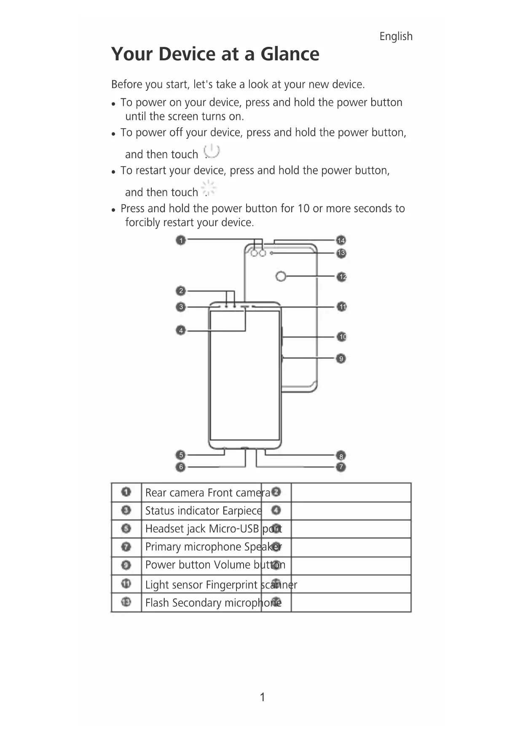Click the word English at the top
tap(396, 36)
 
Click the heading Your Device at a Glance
tap(215, 54)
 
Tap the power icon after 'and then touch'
tap(212, 151)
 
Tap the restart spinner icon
tap(209, 188)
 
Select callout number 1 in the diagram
tap(181, 240)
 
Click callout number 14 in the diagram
tap(341, 240)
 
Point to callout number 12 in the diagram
tap(342, 277)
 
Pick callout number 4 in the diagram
tap(181, 330)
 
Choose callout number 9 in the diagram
tap(341, 359)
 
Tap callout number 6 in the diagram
tap(181, 467)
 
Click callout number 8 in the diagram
tap(341, 456)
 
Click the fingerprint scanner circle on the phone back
tap(281, 276)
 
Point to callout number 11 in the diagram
tap(342, 307)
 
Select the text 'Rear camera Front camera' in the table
tap(207, 493)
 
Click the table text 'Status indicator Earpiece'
tap(203, 511)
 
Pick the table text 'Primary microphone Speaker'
tap(213, 547)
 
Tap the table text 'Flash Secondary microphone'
tap(213, 603)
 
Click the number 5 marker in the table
tap(126, 529)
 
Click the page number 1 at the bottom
tap(262, 697)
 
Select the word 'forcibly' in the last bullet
tap(142, 222)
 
